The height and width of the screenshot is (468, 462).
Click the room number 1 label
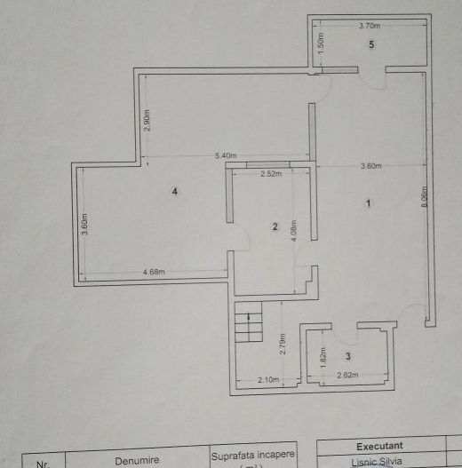(368, 203)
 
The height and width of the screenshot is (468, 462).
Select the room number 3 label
(348, 356)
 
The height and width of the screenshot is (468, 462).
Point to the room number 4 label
(176, 191)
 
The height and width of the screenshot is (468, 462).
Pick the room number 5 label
(372, 44)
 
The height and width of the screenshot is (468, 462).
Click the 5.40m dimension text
(225, 156)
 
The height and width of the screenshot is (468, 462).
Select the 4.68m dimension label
(153, 272)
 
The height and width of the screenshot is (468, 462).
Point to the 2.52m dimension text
(270, 174)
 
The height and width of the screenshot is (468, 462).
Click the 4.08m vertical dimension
(293, 230)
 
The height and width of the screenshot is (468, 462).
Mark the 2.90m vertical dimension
(147, 121)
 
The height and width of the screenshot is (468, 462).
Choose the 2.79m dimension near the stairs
(283, 343)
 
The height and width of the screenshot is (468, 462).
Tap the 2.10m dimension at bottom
(269, 380)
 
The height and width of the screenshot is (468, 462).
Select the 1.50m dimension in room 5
(321, 40)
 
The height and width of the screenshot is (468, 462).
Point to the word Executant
(380, 446)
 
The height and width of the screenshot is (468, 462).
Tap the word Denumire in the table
(136, 461)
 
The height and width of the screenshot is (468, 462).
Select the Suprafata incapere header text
(252, 455)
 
